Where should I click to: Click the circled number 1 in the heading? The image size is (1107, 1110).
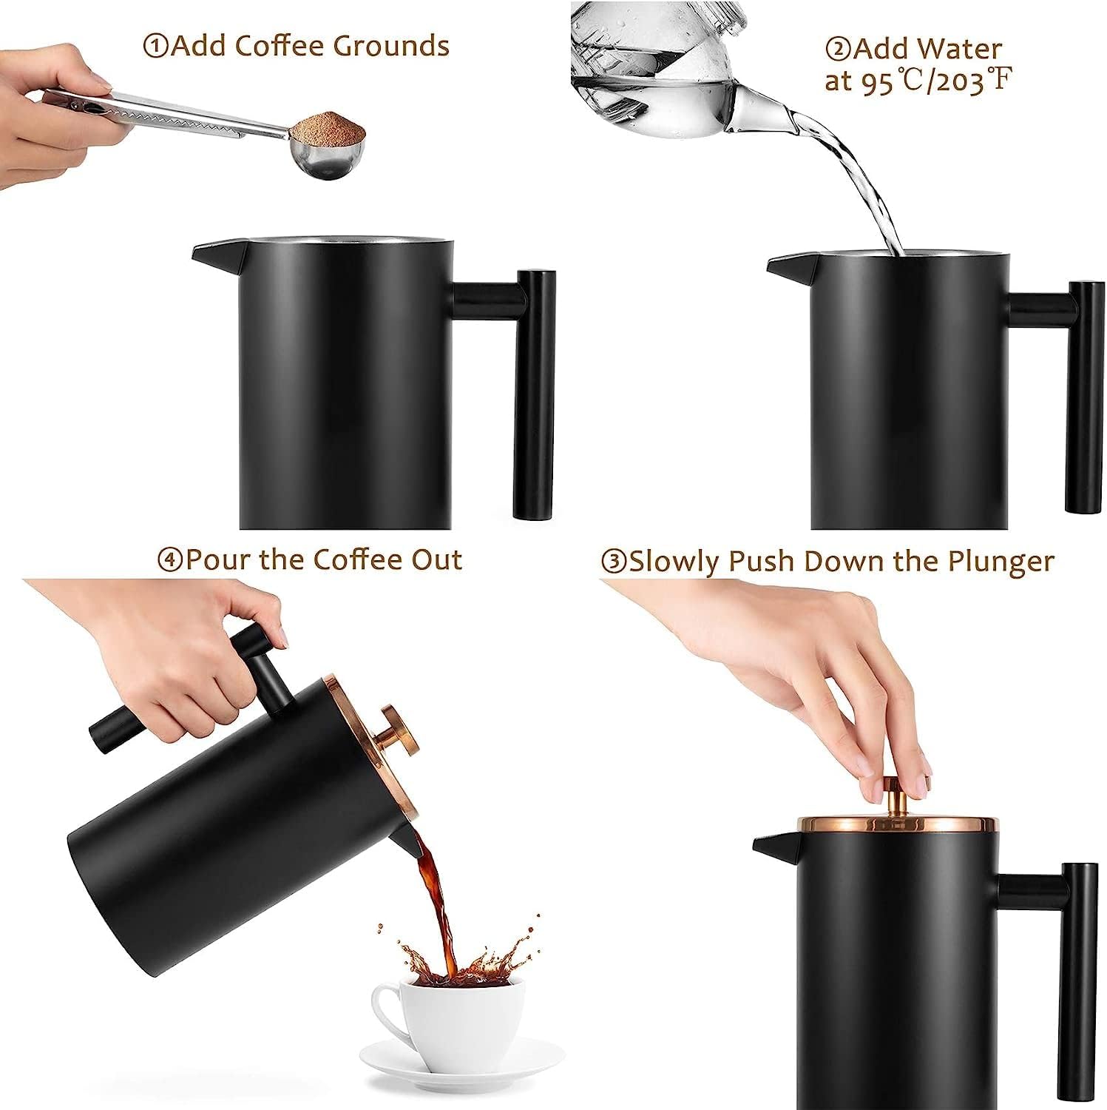[x=155, y=47]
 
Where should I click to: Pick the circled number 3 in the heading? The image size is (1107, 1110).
[x=614, y=562]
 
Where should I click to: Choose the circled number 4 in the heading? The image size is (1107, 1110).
[x=170, y=559]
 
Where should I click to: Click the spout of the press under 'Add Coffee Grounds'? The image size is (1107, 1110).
[x=214, y=254]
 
